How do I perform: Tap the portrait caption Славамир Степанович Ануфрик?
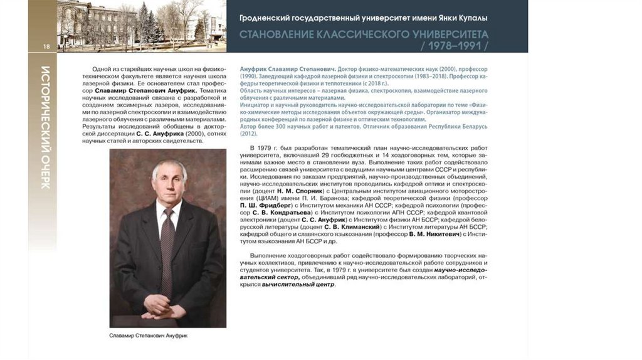pyautogui.click(x=149, y=336)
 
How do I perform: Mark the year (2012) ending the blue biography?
pyautogui.click(x=248, y=133)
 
